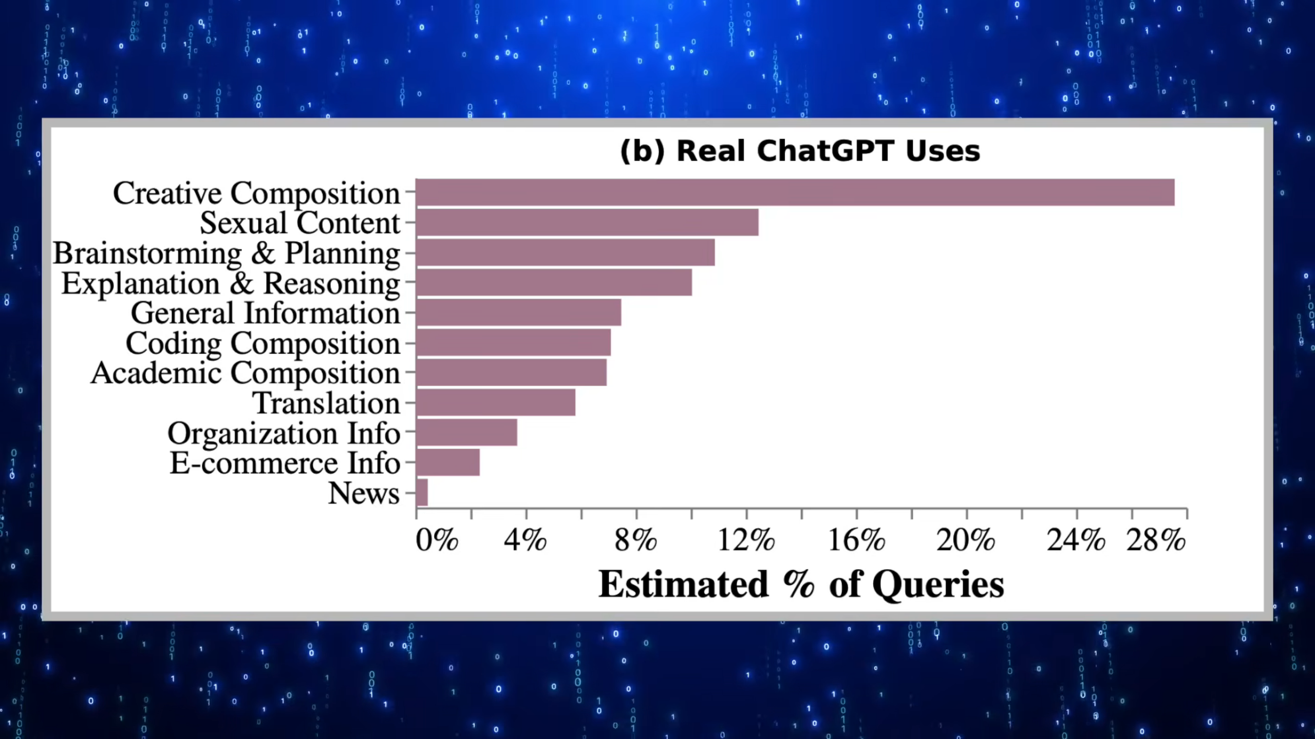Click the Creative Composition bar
click(795, 192)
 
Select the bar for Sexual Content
click(587, 222)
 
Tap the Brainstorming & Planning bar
click(566, 252)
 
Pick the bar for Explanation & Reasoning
click(554, 282)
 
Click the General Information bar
click(519, 313)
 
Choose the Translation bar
click(496, 402)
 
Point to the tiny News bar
click(422, 493)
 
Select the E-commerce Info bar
click(448, 462)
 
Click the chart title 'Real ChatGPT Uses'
click(829, 151)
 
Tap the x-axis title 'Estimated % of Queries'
click(801, 584)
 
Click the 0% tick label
click(437, 540)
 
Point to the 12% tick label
click(746, 540)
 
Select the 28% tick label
click(1156, 540)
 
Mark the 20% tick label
click(966, 540)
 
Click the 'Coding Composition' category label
click(263, 343)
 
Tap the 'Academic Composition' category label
click(246, 373)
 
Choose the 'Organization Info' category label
click(284, 433)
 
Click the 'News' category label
click(364, 493)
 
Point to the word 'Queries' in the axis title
click(938, 585)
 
